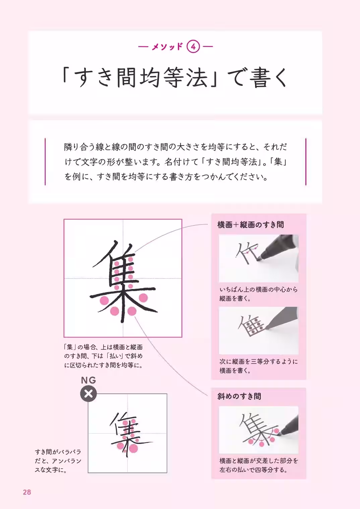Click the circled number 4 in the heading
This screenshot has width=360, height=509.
pyautogui.click(x=193, y=47)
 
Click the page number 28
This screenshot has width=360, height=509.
pyautogui.click(x=27, y=492)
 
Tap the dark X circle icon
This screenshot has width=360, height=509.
pyautogui.click(x=88, y=394)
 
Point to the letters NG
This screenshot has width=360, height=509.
pyautogui.click(x=88, y=380)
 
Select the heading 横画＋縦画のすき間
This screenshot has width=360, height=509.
pyautogui.click(x=250, y=225)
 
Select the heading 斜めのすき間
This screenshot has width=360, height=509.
pyautogui.click(x=239, y=396)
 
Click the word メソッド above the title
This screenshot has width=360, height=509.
pyautogui.click(x=167, y=47)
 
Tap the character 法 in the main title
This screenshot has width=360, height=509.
pyautogui.click(x=197, y=77)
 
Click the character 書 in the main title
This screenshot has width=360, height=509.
pyautogui.click(x=260, y=77)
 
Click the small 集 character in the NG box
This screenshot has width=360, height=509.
pyautogui.click(x=127, y=433)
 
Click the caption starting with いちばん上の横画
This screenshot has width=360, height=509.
pyautogui.click(x=258, y=294)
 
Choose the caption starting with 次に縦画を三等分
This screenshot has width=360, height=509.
pyautogui.click(x=258, y=366)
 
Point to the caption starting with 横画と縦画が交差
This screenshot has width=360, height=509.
pyautogui.click(x=258, y=465)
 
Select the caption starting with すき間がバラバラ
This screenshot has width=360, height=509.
pyautogui.click(x=58, y=461)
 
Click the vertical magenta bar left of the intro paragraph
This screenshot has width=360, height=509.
pyautogui.click(x=45, y=162)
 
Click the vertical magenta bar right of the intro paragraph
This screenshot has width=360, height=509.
pyautogui.click(x=306, y=162)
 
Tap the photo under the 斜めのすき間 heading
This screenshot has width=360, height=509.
pyautogui.click(x=258, y=430)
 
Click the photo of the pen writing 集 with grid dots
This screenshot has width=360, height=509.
pyautogui.click(x=258, y=330)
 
